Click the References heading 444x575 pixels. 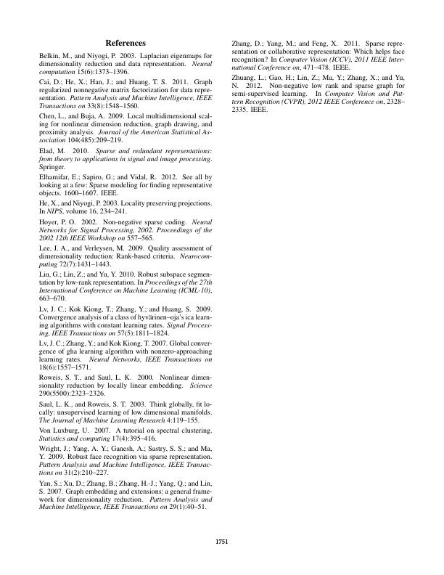[126, 44]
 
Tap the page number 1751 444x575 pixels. [222, 542]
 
